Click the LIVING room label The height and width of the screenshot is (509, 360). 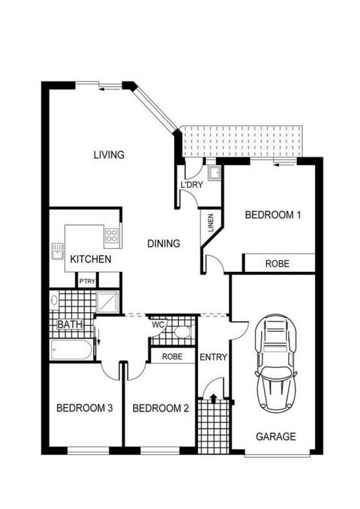pyautogui.click(x=109, y=154)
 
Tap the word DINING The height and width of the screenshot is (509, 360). pyautogui.click(x=164, y=243)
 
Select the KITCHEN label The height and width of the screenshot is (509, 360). pyautogui.click(x=90, y=259)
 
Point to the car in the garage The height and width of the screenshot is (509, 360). pyautogui.click(x=275, y=363)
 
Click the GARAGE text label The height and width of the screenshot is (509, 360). pyautogui.click(x=276, y=437)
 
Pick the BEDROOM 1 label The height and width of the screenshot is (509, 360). pyautogui.click(x=273, y=215)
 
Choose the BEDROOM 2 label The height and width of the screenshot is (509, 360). pyautogui.click(x=161, y=408)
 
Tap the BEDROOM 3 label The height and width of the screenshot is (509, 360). pyautogui.click(x=85, y=408)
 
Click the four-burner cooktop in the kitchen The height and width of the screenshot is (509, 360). pyautogui.click(x=112, y=235)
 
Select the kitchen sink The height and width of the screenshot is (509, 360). pyautogui.click(x=58, y=251)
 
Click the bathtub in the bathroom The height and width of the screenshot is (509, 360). pyautogui.click(x=72, y=350)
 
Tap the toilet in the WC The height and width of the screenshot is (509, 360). pyautogui.click(x=182, y=332)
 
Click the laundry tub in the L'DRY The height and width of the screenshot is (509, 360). pyautogui.click(x=215, y=173)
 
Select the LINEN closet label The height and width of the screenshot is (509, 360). pyautogui.click(x=211, y=223)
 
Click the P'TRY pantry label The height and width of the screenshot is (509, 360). pyautogui.click(x=87, y=281)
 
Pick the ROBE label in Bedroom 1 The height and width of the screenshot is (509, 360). pyautogui.click(x=277, y=264)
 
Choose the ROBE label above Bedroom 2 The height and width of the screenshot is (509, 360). pyautogui.click(x=172, y=357)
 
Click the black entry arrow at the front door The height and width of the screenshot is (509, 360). pyautogui.click(x=213, y=398)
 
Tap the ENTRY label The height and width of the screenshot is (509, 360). pyautogui.click(x=213, y=357)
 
